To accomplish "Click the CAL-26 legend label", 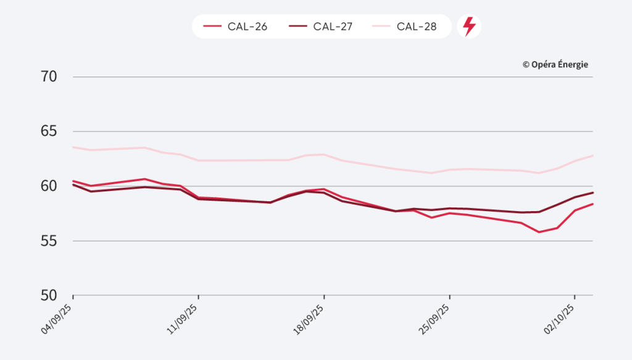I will [x=246, y=27].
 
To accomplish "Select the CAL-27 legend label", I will [x=332, y=27].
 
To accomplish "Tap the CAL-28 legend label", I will [x=417, y=27].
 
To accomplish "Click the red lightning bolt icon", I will [x=469, y=27].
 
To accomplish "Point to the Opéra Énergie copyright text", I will [x=555, y=64].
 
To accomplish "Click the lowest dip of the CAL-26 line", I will [x=539, y=232].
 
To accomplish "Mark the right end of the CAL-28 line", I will [x=592, y=156].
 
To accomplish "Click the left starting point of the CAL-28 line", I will [x=73, y=147].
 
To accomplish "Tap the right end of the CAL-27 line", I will [x=592, y=193].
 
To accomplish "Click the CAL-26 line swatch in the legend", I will [x=212, y=27].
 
